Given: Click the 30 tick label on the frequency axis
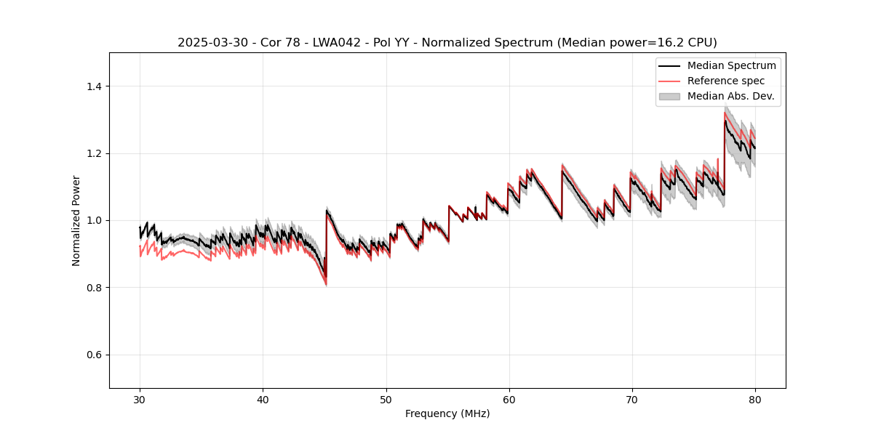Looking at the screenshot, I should click(140, 400).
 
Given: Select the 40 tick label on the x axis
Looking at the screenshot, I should click(263, 400).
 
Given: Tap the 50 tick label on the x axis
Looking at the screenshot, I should click(386, 400).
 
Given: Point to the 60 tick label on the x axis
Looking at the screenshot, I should click(509, 400).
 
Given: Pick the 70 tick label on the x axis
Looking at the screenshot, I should click(631, 400).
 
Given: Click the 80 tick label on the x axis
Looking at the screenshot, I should click(754, 400).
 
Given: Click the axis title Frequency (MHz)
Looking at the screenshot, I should click(447, 414).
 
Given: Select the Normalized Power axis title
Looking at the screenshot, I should click(76, 220).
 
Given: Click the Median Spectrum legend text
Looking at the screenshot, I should click(731, 65).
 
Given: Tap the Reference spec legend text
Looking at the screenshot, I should click(726, 81).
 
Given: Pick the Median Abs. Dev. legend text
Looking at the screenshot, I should click(730, 96).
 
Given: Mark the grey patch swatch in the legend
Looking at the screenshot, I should click(669, 96).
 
